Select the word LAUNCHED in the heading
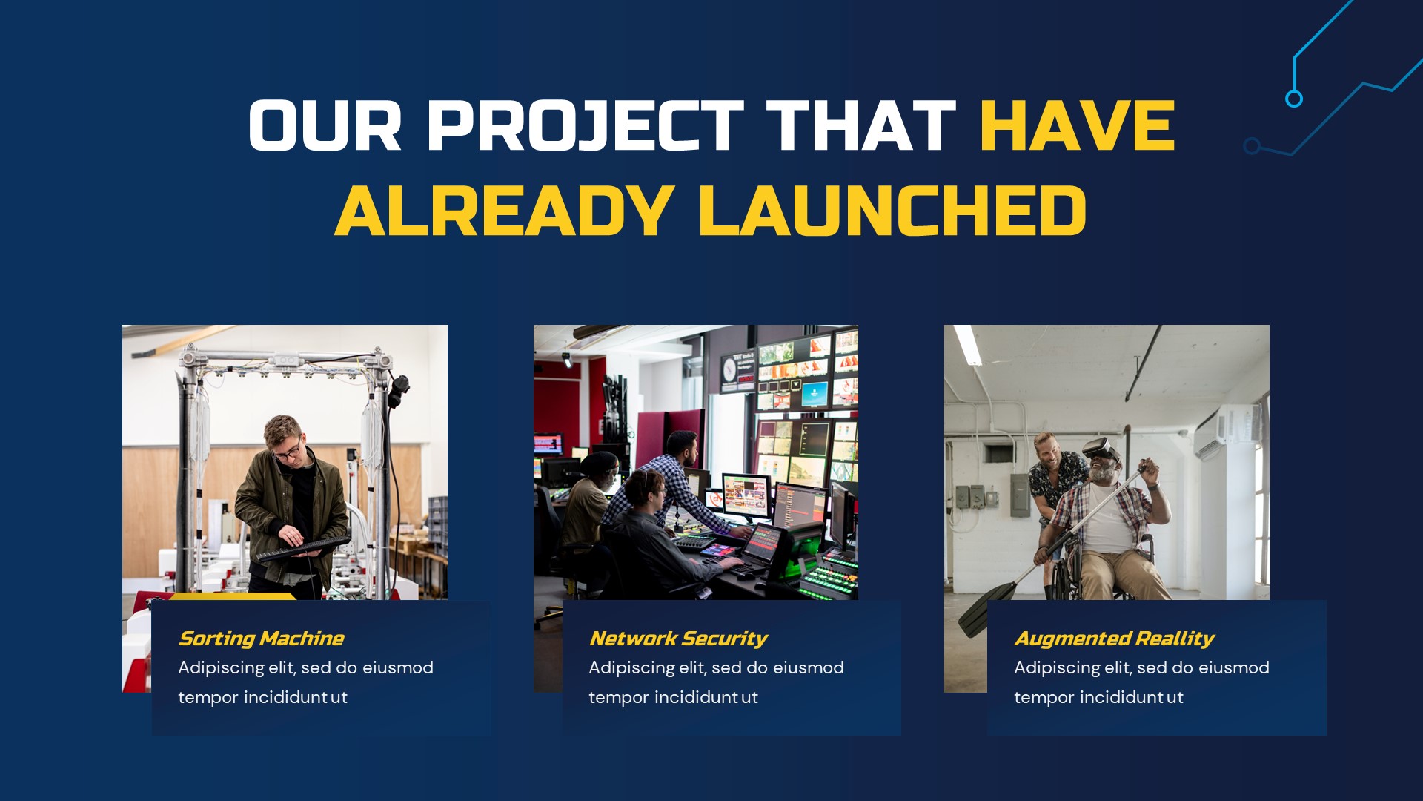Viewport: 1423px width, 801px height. [x=892, y=211]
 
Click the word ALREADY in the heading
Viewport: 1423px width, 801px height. [x=504, y=211]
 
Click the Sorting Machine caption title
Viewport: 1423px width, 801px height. [x=261, y=639]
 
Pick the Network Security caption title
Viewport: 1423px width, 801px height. [x=677, y=639]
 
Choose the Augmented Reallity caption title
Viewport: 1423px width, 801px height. [x=1113, y=639]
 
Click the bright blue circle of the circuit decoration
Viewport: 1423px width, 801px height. [x=1293, y=99]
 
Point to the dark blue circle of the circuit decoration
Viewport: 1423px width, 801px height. [x=1252, y=146]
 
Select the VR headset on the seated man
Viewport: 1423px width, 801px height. [x=1100, y=449]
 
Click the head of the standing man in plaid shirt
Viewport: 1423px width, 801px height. [x=683, y=445]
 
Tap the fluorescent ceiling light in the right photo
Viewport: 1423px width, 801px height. [x=967, y=344]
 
